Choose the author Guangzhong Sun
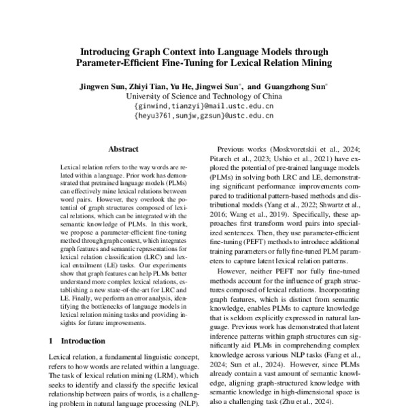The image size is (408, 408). tap(295, 87)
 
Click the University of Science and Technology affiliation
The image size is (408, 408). tap(204, 97)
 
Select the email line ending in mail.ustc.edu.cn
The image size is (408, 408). tap(204, 106)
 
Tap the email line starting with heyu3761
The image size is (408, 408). tap(204, 116)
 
